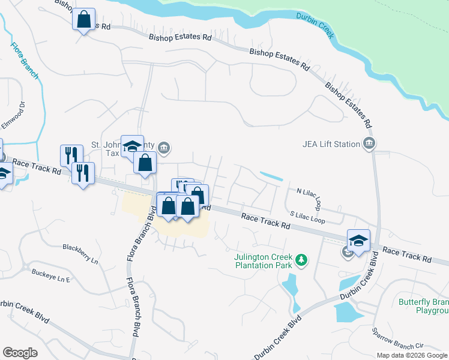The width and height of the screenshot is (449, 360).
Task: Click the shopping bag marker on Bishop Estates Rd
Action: (83, 19)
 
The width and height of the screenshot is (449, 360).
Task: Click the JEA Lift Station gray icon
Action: (369, 143)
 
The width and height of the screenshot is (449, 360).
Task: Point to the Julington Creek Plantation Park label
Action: (263, 261)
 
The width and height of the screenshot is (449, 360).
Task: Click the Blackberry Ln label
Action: (80, 247)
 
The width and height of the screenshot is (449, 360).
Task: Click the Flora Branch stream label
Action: (25, 61)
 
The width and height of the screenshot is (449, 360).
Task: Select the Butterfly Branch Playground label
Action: (424, 306)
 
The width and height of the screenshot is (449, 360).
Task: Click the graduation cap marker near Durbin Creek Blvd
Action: (358, 241)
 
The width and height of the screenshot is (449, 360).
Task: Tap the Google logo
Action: (20, 353)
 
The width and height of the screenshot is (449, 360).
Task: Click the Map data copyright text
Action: (411, 355)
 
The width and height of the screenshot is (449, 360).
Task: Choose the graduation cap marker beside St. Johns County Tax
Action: (132, 146)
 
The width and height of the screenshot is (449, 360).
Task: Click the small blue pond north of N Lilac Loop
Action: (272, 176)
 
